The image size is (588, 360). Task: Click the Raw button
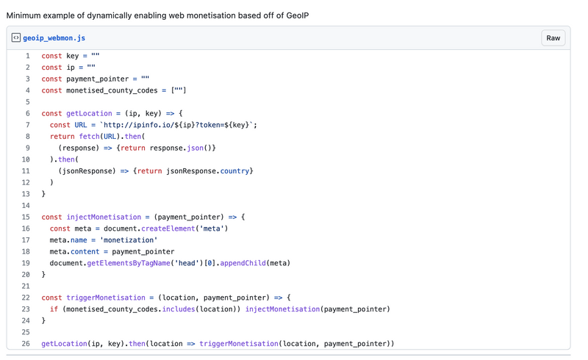pyautogui.click(x=553, y=38)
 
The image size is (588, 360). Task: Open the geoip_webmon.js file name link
pyautogui.click(x=54, y=38)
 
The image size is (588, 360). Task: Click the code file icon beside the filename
pyautogui.click(x=15, y=37)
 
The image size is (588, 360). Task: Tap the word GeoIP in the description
pyautogui.click(x=298, y=15)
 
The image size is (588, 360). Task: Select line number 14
pyautogui.click(x=26, y=205)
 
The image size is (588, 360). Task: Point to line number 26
pyautogui.click(x=26, y=344)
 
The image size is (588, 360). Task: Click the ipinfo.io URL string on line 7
pyautogui.click(x=176, y=125)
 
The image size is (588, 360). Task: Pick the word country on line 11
pyautogui.click(x=234, y=171)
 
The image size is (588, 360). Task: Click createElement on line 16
pyautogui.click(x=168, y=228)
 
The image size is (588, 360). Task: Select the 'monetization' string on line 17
pyautogui.click(x=129, y=240)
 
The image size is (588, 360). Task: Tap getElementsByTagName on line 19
pyautogui.click(x=129, y=263)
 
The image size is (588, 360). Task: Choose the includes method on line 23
pyautogui.click(x=179, y=309)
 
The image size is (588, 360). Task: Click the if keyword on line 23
pyautogui.click(x=54, y=309)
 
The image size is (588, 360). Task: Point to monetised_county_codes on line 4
pyautogui.click(x=112, y=90)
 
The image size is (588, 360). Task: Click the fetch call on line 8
pyautogui.click(x=89, y=136)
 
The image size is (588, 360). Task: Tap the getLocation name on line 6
pyautogui.click(x=89, y=113)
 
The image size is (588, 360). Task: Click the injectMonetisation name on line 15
pyautogui.click(x=104, y=217)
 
